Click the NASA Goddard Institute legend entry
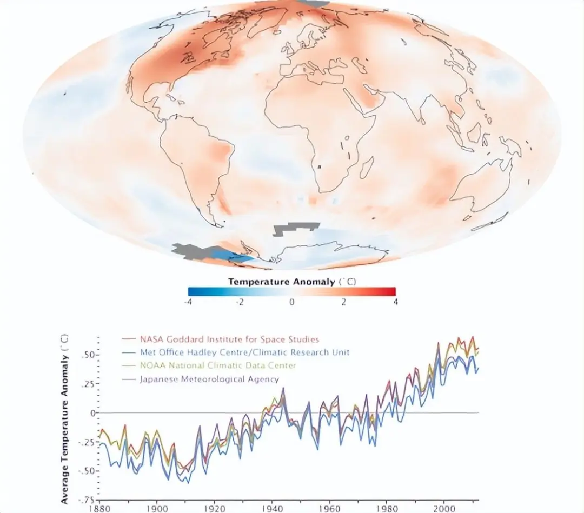pos(229,339)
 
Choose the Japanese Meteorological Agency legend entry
pos(209,379)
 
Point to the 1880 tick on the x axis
pos(98,509)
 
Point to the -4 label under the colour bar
pos(188,302)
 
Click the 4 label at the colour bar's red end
pos(395,302)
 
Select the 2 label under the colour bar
pos(343,302)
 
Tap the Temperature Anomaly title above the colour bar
pos(291,282)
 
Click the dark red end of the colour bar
pos(391,291)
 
